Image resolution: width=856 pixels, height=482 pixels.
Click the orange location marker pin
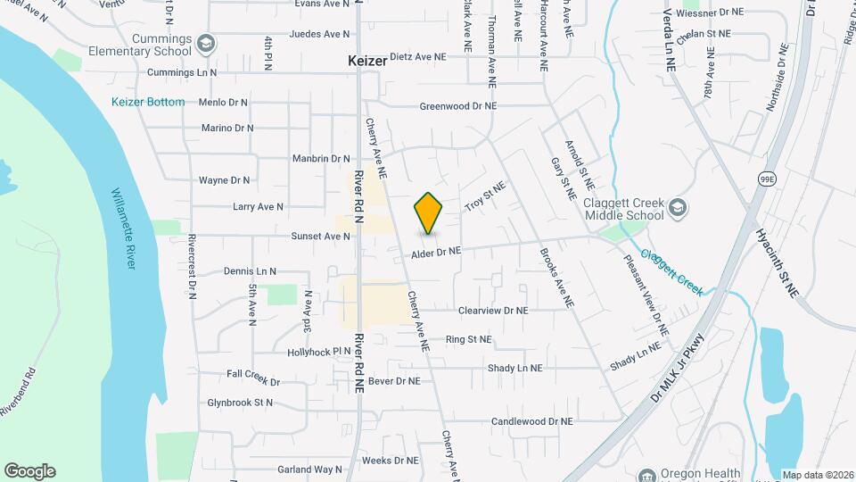pyautogui.click(x=429, y=214)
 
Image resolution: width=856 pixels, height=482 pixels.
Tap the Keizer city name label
pyautogui.click(x=367, y=62)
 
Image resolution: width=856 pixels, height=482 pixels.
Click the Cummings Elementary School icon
pyautogui.click(x=206, y=44)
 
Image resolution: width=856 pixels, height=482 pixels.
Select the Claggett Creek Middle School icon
pyautogui.click(x=677, y=208)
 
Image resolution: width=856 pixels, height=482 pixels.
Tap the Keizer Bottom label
pyautogui.click(x=148, y=102)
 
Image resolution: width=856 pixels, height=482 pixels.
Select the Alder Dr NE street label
pyautogui.click(x=436, y=253)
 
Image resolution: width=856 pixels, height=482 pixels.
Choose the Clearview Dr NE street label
pyautogui.click(x=493, y=311)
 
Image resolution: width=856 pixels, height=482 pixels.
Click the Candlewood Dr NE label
pyautogui.click(x=531, y=421)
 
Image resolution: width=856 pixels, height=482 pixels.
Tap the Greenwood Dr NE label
pyautogui.click(x=458, y=106)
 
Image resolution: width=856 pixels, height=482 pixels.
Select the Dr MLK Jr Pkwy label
pyautogui.click(x=678, y=367)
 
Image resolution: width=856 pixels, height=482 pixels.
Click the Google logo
pyautogui.click(x=29, y=471)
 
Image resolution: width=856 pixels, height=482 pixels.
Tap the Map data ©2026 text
pyautogui.click(x=818, y=474)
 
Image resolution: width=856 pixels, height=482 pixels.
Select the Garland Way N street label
pyautogui.click(x=309, y=470)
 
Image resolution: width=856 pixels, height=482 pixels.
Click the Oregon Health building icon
pyautogui.click(x=647, y=474)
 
